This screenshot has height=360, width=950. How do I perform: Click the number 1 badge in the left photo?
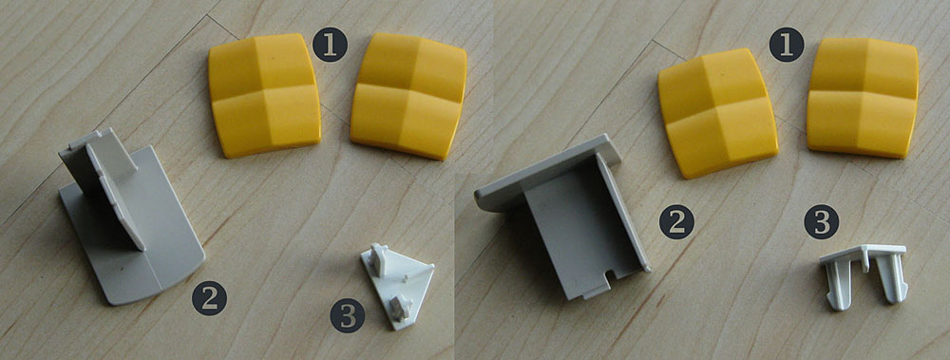pos(331,45)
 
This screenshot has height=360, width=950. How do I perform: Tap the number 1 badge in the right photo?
pos(787,45)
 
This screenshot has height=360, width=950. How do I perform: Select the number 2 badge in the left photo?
pos(210,298)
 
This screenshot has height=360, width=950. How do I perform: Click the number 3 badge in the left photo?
pos(348,315)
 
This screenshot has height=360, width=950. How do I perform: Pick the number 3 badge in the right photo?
pos(822,221)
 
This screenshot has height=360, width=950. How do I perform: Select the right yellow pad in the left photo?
pos(408,95)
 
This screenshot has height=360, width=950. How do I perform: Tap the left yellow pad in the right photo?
pos(717,112)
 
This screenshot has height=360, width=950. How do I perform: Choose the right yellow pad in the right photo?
pos(863,97)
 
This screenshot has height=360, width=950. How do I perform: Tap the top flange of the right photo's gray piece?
pos(548,172)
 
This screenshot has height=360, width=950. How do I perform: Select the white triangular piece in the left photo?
pos(397,286)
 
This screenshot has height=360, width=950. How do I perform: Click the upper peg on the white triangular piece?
pos(378,258)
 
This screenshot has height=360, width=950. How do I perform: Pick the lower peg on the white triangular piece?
pos(401,307)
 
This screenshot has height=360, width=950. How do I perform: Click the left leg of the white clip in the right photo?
pos(839,284)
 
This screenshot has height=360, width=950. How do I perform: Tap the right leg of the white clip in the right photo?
pos(891,277)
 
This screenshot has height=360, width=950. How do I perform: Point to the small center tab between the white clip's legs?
pos(864,258)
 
